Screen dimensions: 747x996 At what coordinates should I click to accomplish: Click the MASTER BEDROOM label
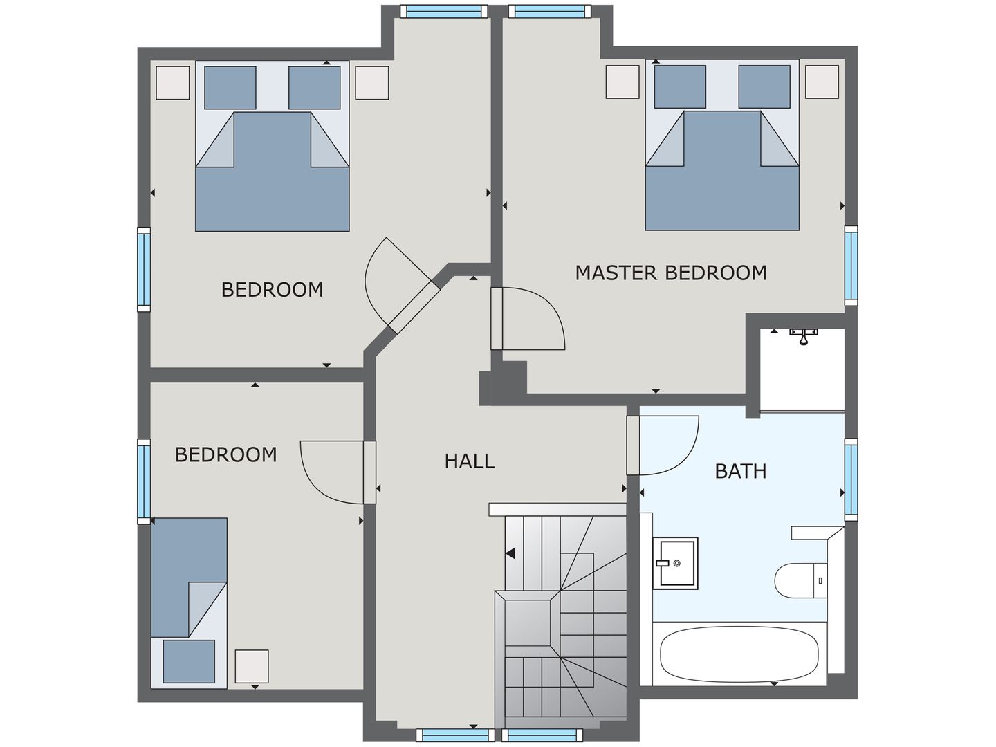pyautogui.click(x=671, y=273)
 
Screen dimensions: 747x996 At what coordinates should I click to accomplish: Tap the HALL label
pyautogui.click(x=470, y=461)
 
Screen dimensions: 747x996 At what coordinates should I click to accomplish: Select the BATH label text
pyautogui.click(x=740, y=471)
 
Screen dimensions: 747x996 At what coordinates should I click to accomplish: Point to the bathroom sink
pyautogui.click(x=676, y=562)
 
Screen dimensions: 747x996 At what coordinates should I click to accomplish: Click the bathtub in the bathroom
pyautogui.click(x=739, y=654)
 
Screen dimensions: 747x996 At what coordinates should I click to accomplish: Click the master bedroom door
pyautogui.click(x=529, y=318)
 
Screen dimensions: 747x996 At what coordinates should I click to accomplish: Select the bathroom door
pyautogui.click(x=664, y=445)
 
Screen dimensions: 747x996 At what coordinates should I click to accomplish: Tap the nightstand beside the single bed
pyautogui.click(x=251, y=666)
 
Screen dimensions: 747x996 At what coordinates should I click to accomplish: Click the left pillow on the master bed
pyautogui.click(x=680, y=87)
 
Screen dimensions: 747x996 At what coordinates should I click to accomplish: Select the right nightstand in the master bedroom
pyautogui.click(x=822, y=82)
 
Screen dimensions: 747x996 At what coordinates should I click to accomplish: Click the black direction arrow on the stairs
pyautogui.click(x=510, y=553)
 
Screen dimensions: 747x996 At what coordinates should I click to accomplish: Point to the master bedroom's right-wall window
pyautogui.click(x=851, y=265)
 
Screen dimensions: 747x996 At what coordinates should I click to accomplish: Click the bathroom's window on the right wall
pyautogui.click(x=851, y=479)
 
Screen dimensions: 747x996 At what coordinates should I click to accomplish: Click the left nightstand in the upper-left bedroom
pyautogui.click(x=172, y=83)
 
